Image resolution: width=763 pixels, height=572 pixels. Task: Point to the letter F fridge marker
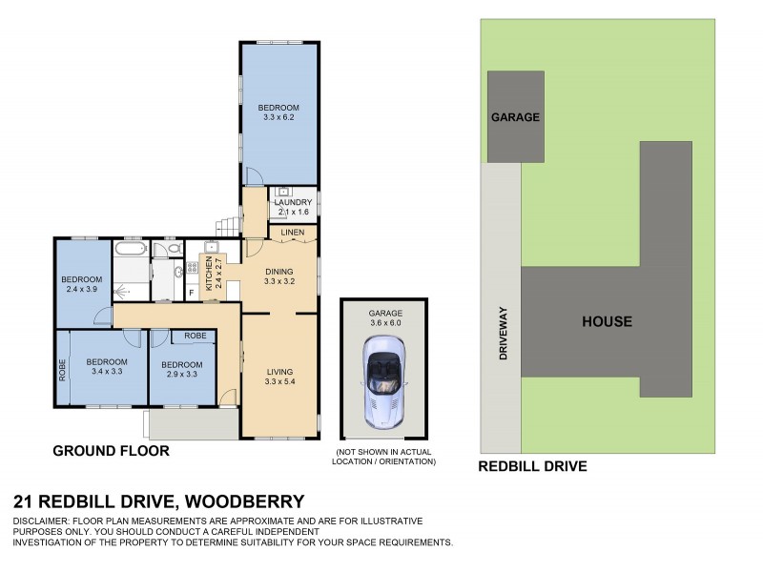click(x=192, y=292)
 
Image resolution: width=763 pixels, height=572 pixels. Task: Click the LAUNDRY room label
click(x=293, y=202)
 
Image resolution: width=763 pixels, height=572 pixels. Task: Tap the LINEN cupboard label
click(x=292, y=232)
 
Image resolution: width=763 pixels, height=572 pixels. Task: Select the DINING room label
click(x=278, y=272)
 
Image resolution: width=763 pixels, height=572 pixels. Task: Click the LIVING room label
click(x=278, y=371)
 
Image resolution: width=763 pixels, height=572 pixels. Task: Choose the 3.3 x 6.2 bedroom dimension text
click(x=279, y=118)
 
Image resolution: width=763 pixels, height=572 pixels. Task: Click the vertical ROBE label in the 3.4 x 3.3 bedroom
click(x=64, y=369)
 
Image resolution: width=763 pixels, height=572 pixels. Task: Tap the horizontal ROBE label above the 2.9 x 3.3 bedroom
click(x=196, y=336)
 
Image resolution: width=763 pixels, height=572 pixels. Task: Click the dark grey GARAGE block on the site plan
click(x=516, y=116)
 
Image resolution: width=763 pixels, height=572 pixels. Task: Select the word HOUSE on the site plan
click(x=607, y=321)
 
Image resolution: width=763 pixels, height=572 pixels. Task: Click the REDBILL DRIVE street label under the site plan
click(x=531, y=466)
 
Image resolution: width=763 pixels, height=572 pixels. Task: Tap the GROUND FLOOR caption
click(x=111, y=451)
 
